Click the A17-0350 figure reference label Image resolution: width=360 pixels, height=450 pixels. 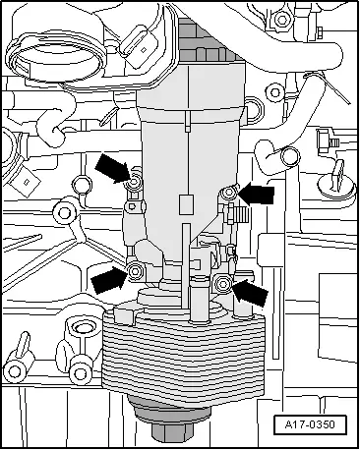point(310,424)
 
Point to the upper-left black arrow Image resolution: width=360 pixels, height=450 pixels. point(112,168)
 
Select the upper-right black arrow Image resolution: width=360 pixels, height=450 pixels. point(257,194)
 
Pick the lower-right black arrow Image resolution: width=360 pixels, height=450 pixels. point(251,291)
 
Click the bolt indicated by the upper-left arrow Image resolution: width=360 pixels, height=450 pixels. point(135,183)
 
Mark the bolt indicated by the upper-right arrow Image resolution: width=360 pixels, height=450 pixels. point(228,193)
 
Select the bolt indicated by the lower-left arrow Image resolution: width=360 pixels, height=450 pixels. point(135,271)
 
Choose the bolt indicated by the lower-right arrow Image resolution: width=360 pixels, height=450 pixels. point(223,284)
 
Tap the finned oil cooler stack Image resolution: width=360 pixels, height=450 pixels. point(184,354)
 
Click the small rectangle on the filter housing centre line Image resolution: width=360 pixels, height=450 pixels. point(186,204)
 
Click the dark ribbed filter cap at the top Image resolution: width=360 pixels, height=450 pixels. point(210,41)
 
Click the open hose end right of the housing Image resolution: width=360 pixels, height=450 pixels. point(290,156)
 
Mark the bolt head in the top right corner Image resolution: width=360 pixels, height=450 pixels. point(281,20)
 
